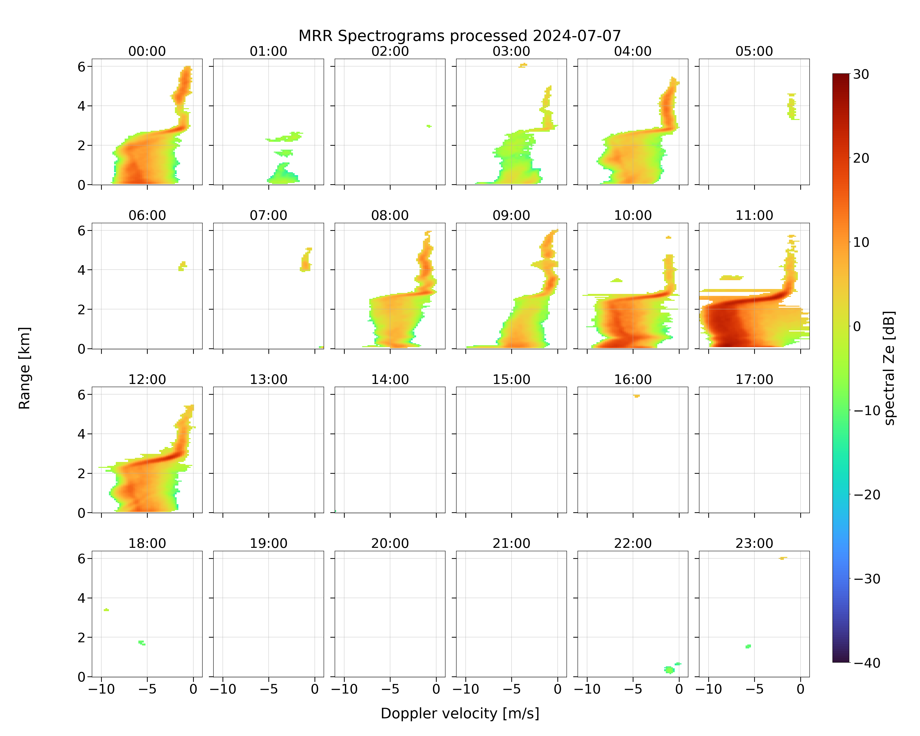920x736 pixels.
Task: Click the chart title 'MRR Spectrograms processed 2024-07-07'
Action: [460, 36]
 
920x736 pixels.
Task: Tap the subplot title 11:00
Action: [754, 215]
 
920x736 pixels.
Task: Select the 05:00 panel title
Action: [754, 51]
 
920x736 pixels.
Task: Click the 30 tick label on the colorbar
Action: [861, 74]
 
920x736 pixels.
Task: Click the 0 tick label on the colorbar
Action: [857, 326]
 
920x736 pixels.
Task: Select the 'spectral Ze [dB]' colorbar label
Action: [889, 368]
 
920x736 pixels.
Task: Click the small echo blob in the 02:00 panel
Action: [429, 126]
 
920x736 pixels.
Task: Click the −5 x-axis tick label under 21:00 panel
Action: [511, 689]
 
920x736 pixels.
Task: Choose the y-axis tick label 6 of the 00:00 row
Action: [81, 66]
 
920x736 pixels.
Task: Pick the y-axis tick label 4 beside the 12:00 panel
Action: [81, 434]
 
